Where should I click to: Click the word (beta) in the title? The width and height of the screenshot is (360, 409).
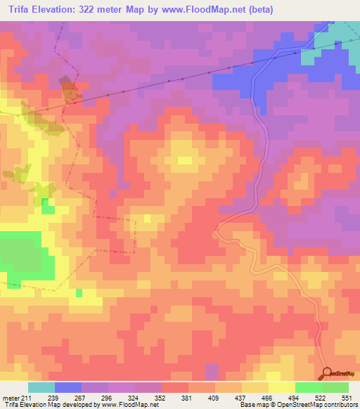tap(258, 9)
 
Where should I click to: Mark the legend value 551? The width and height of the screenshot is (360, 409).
tap(347, 398)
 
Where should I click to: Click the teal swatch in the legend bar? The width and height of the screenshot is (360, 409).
tap(41, 387)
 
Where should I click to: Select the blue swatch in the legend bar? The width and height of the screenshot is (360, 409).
tap(68, 387)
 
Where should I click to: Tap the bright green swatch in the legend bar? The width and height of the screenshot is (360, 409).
tap(309, 387)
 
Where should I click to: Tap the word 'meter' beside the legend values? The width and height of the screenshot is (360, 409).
tap(11, 398)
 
